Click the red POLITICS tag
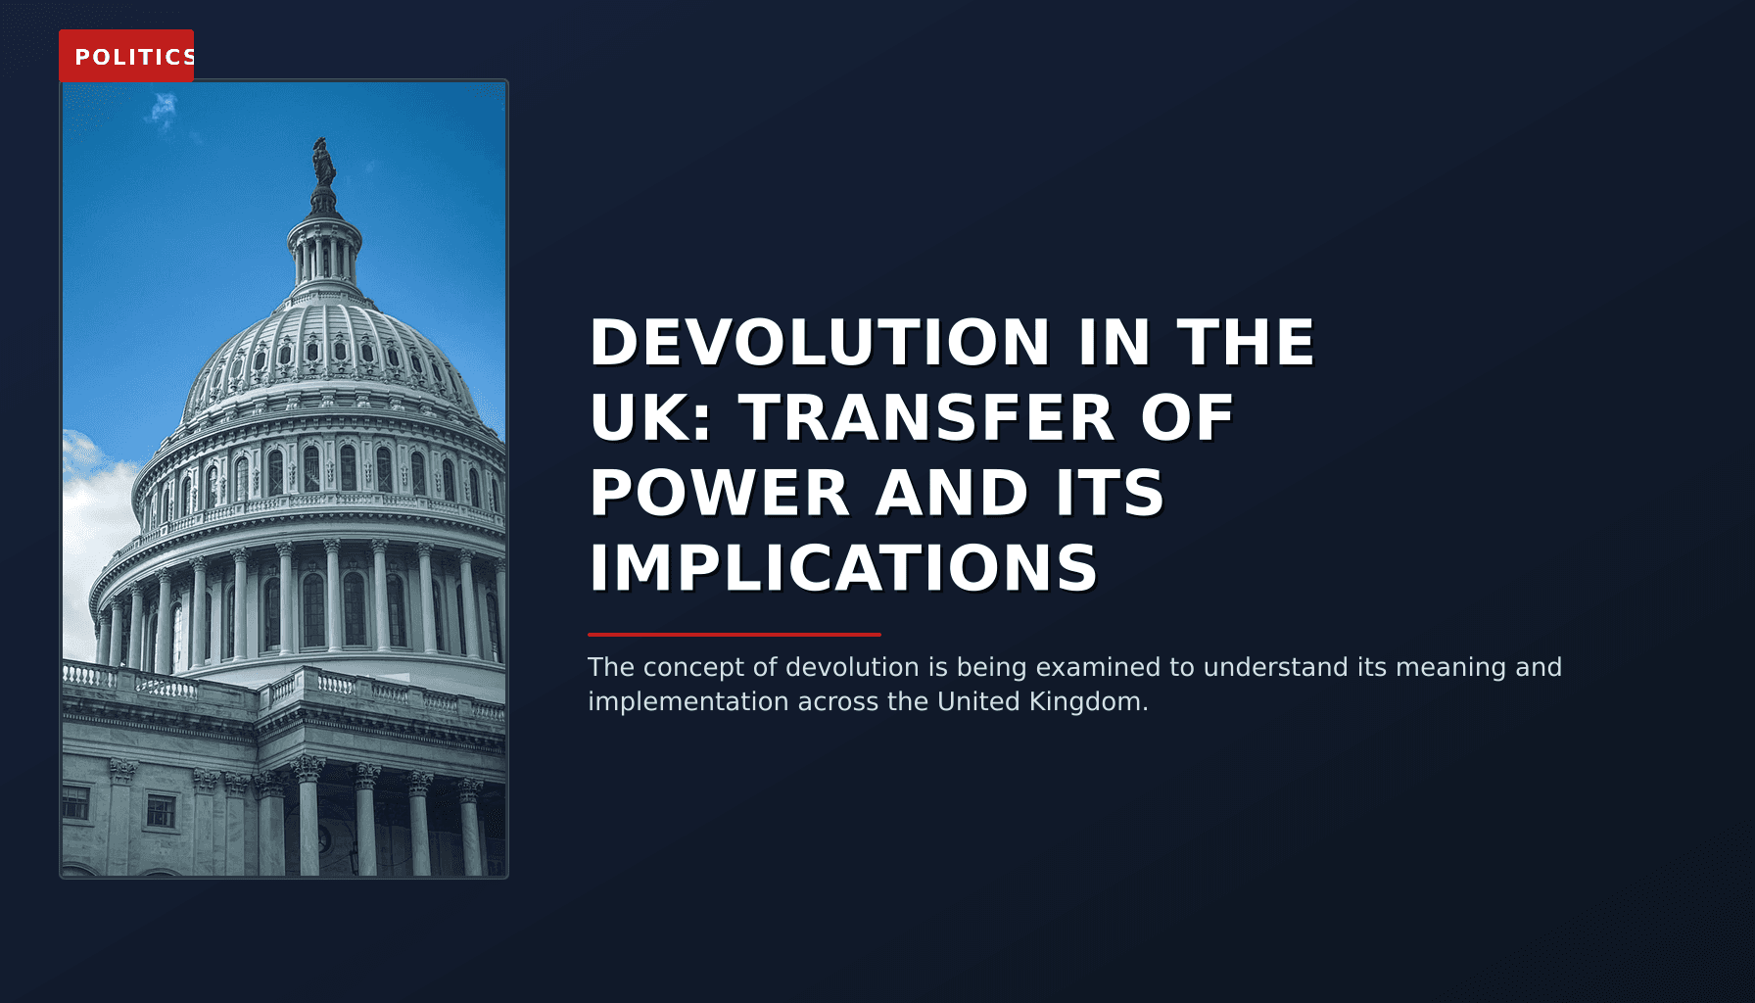(x=126, y=56)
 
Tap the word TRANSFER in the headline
(x=926, y=418)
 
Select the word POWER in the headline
(x=719, y=493)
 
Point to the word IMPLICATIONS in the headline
(x=843, y=568)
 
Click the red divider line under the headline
(x=735, y=635)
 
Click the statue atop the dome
(x=323, y=163)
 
